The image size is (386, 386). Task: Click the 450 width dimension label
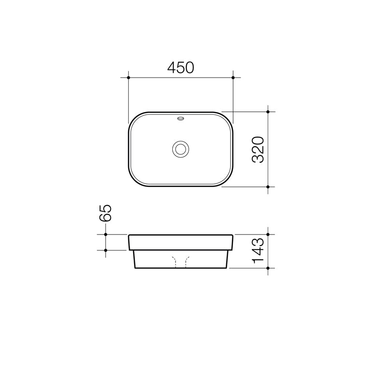click(180, 68)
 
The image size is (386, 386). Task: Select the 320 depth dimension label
click(258, 149)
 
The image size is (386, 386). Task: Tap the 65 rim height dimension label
click(106, 213)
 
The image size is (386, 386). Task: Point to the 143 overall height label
click(258, 251)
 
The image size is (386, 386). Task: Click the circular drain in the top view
click(181, 149)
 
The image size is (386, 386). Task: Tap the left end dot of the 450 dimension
click(128, 77)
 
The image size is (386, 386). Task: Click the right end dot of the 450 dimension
click(233, 77)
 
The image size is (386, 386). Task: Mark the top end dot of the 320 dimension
click(268, 112)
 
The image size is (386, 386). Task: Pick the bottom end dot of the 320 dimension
click(268, 186)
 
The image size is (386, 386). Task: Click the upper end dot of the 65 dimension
click(106, 235)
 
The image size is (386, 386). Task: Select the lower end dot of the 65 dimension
click(106, 250)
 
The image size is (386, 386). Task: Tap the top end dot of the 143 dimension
click(268, 235)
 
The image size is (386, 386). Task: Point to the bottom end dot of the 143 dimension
click(268, 268)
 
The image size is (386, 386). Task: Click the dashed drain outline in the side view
click(181, 261)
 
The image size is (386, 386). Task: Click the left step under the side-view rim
click(132, 250)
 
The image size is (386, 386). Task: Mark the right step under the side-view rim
click(230, 250)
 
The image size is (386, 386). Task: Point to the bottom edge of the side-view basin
click(181, 268)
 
